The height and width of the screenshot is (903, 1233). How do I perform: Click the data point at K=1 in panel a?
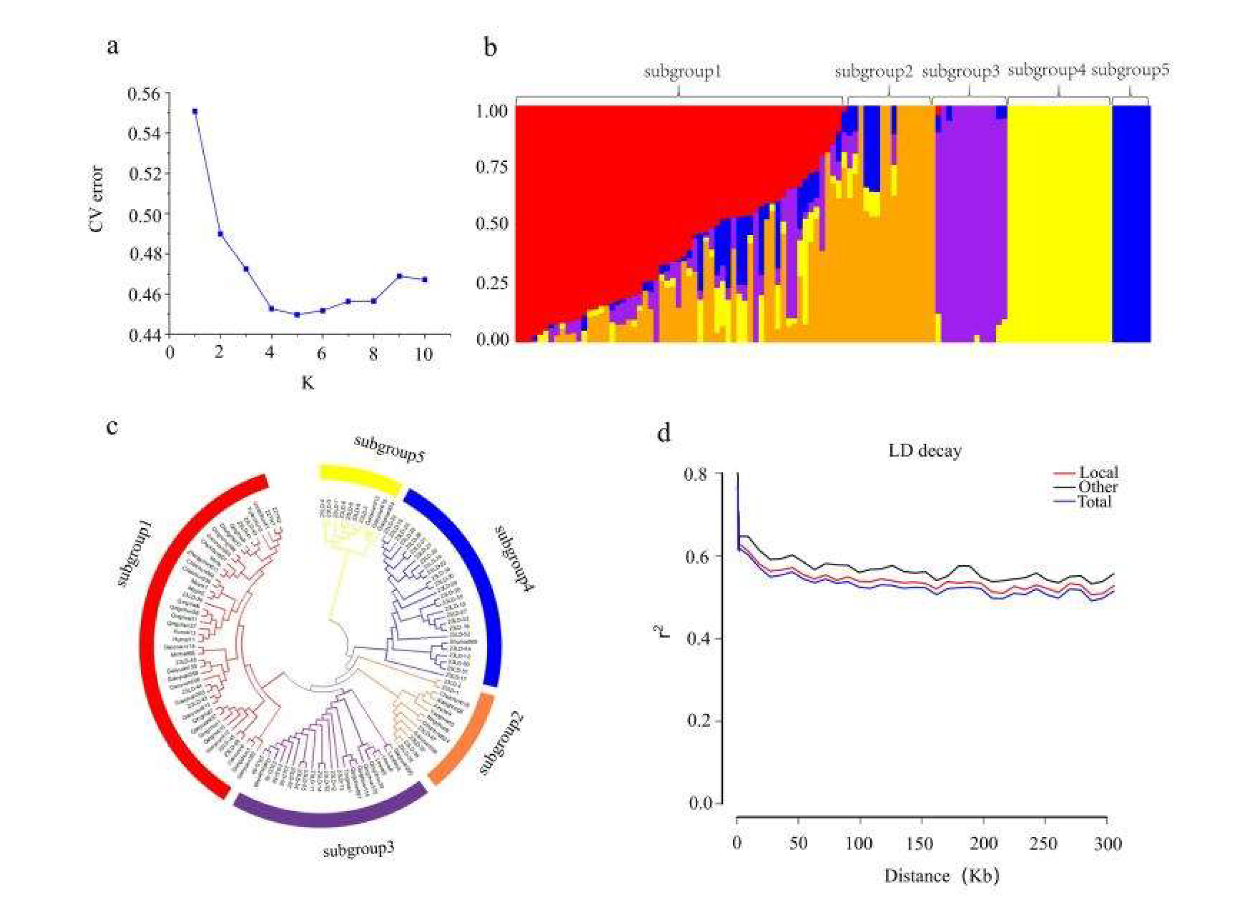[x=194, y=111]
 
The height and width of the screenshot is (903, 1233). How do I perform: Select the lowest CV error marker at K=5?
[x=297, y=314]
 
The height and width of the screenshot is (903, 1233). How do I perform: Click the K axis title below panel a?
[x=308, y=383]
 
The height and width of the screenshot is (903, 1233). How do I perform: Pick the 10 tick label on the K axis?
[x=424, y=354]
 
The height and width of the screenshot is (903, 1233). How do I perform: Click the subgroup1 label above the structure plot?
[x=683, y=72]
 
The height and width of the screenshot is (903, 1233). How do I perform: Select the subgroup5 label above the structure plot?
[x=1130, y=70]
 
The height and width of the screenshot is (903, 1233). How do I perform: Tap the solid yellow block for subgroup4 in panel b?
[x=1058, y=224]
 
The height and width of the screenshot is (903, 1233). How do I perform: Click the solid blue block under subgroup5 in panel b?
[x=1131, y=224]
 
